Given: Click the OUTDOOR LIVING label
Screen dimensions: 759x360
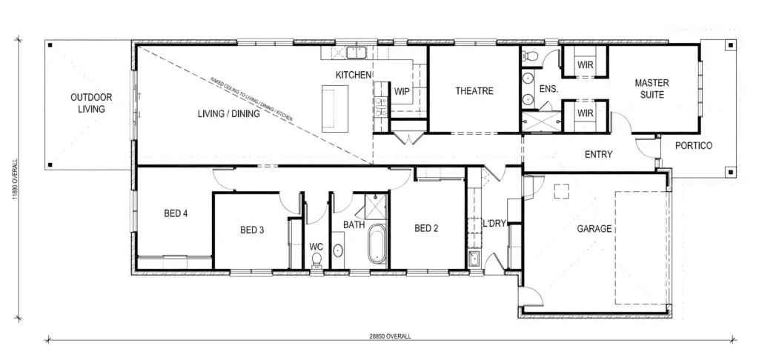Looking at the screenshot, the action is (x=91, y=103).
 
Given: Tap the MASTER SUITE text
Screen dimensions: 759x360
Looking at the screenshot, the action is (x=652, y=89).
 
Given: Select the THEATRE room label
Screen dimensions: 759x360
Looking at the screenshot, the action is (x=474, y=91).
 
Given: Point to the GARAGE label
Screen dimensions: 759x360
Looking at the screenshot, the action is (x=594, y=229).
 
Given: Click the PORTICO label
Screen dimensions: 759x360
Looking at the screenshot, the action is (x=694, y=145).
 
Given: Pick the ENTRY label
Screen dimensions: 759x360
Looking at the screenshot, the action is (x=599, y=155).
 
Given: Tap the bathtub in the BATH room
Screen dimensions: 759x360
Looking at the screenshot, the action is (x=377, y=244).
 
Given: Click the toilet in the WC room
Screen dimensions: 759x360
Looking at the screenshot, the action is (x=317, y=259).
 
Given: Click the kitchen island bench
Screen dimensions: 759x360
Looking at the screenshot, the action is (x=335, y=107).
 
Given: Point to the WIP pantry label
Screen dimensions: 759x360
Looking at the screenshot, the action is (x=402, y=91).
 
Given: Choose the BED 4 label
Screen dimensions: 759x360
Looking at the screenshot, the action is (x=176, y=213).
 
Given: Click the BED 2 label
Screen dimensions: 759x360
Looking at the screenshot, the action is (x=426, y=228).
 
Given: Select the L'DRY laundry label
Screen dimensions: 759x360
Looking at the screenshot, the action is (x=494, y=224).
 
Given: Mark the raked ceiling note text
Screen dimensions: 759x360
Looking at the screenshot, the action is (x=251, y=99).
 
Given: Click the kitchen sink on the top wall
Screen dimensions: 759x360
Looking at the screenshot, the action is (x=357, y=51).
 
